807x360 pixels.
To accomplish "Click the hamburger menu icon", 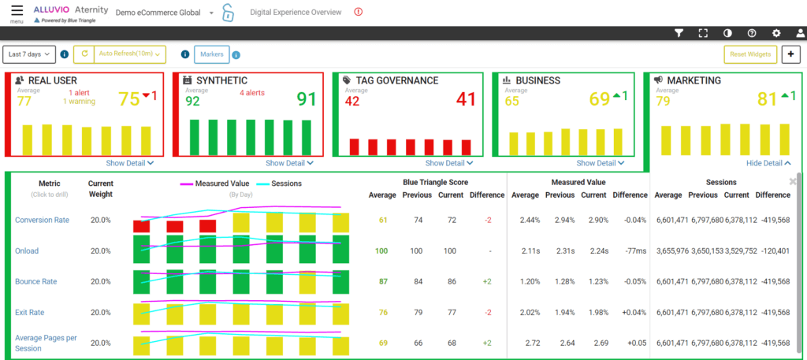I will (x=17, y=11).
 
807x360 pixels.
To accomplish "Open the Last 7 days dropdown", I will (x=29, y=54).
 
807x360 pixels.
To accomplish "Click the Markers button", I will (x=211, y=54).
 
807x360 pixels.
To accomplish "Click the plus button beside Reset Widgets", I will (x=790, y=54).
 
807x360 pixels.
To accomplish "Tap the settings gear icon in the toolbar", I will (x=776, y=33).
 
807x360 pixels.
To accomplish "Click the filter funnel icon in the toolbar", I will (x=679, y=33).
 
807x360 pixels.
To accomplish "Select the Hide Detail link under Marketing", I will (x=769, y=163).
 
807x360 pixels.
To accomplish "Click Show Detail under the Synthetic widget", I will (x=289, y=163).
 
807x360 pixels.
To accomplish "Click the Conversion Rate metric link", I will (x=42, y=220).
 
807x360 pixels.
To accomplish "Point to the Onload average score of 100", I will (x=381, y=251).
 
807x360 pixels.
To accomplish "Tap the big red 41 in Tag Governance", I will (x=466, y=99).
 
